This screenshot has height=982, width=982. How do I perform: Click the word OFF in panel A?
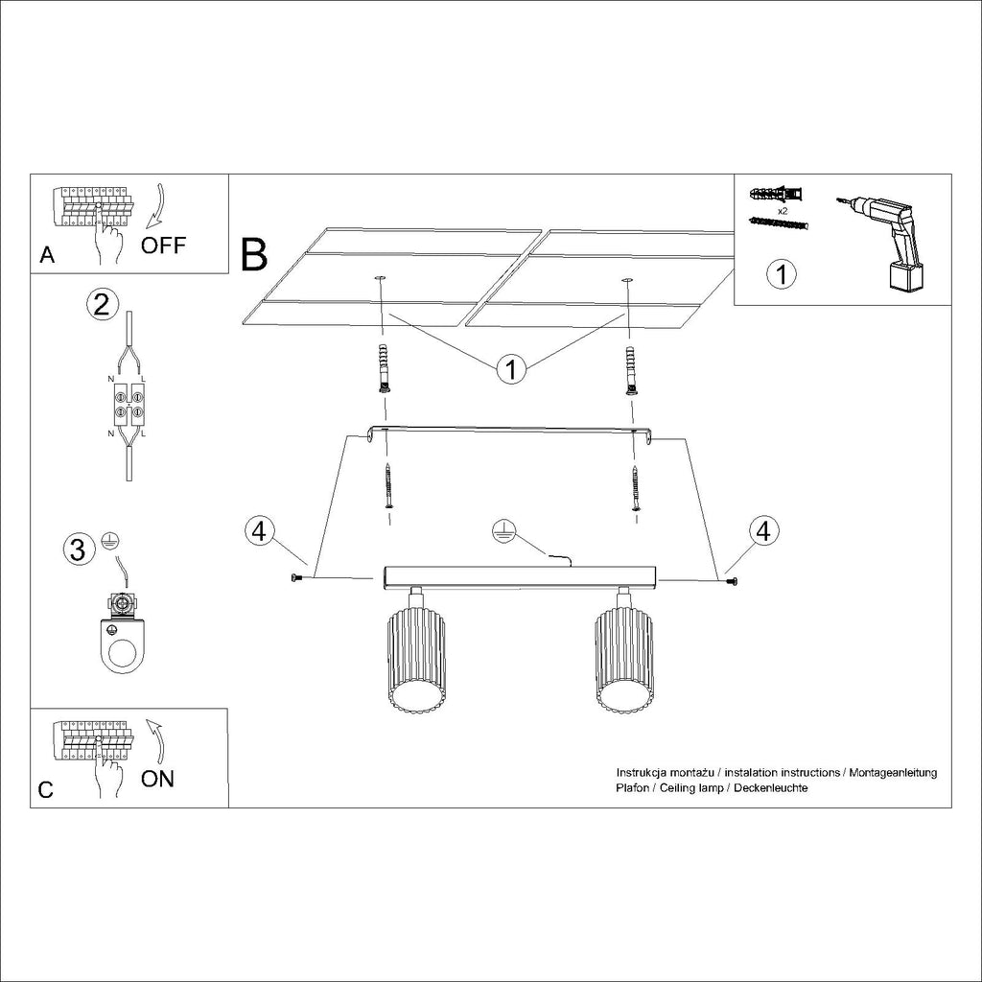163,245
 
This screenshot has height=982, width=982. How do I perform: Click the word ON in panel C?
157,779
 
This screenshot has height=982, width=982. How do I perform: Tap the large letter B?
254,255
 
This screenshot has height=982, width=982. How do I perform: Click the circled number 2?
102,304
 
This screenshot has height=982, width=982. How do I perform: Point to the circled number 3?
78,549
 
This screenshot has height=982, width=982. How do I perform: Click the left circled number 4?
259,531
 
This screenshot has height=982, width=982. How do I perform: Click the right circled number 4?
763,531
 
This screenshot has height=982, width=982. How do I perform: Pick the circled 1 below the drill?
782,274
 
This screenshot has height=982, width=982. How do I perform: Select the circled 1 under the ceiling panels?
512,369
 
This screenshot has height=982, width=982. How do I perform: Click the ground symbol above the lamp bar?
503,530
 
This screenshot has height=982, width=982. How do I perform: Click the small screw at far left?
295,577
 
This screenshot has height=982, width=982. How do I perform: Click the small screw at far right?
731,582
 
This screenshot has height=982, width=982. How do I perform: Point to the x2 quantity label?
783,211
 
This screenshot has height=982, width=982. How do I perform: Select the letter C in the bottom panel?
46,790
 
